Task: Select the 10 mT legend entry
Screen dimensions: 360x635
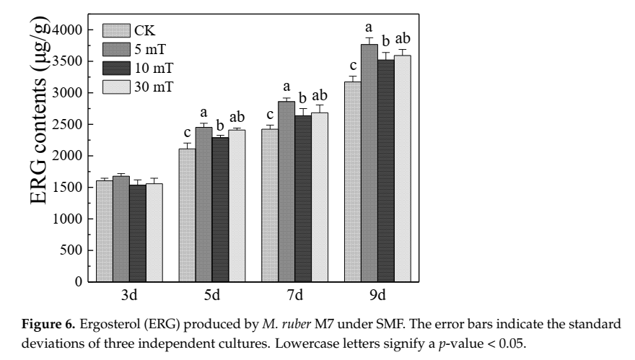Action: click(154, 69)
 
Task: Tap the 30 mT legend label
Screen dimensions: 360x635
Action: click(154, 87)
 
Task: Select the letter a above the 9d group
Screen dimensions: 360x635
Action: click(369, 29)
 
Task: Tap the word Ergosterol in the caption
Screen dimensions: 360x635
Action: click(170, 322)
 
